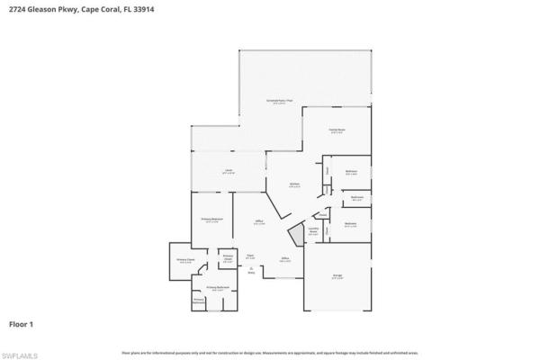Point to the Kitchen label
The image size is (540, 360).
[293, 184]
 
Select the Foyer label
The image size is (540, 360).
[250, 256]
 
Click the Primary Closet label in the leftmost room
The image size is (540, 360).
[184, 262]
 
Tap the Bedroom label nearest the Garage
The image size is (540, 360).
[351, 224]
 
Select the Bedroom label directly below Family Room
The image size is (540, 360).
[351, 172]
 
